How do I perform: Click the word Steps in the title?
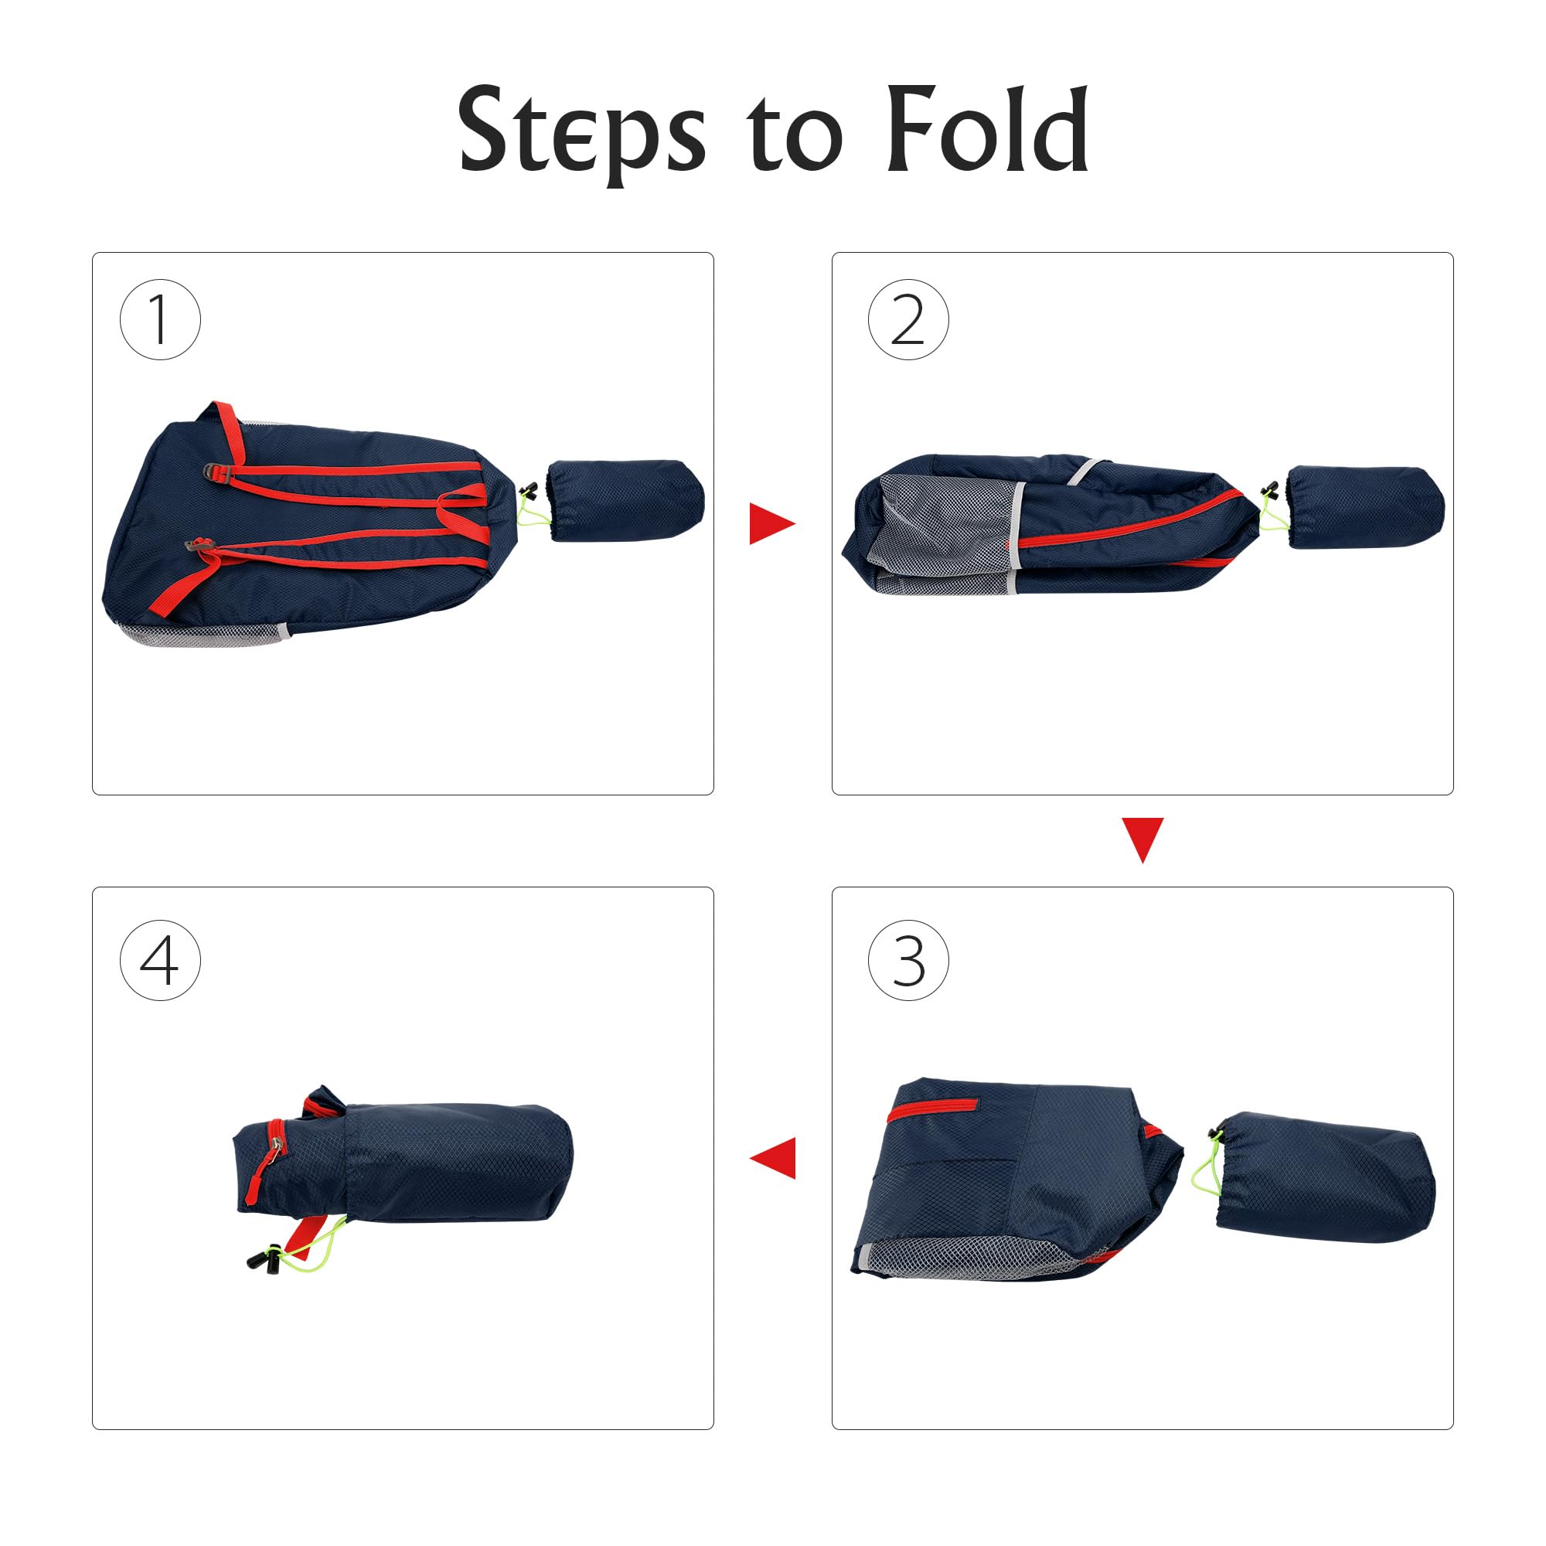[582, 132]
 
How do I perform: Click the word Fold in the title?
[988, 128]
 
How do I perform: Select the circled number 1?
[160, 319]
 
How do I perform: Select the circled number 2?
[908, 319]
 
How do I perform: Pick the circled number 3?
[908, 959]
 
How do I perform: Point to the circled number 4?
[160, 959]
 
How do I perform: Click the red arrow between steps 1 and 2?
[772, 523]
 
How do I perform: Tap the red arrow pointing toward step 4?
[772, 1158]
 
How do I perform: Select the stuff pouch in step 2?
[1365, 506]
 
